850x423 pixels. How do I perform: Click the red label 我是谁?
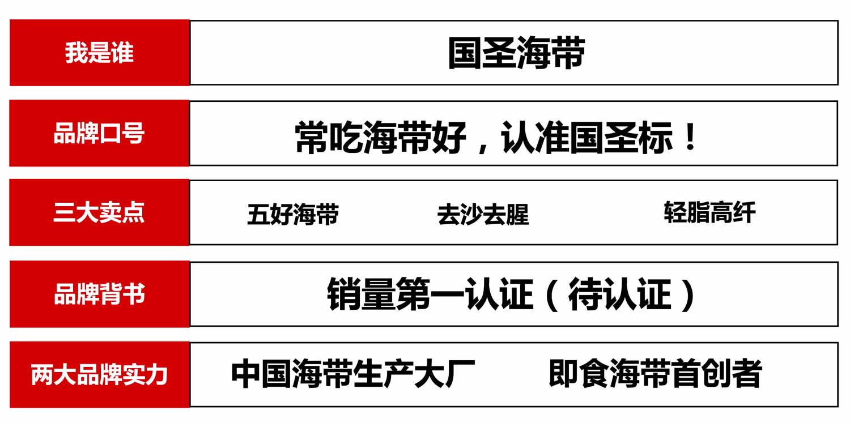coord(99,53)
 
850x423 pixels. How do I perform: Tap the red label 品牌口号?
coord(99,134)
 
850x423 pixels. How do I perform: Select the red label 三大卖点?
coord(99,212)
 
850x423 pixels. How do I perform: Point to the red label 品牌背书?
coord(99,294)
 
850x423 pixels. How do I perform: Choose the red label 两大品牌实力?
coord(99,375)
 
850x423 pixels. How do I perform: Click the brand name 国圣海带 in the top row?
coord(516,54)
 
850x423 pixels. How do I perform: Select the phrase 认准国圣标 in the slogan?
coord(586,138)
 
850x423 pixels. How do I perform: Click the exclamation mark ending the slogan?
coord(690,138)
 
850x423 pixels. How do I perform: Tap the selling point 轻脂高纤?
coord(709,212)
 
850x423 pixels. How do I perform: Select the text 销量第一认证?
coord(430,295)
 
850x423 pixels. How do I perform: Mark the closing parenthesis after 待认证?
coord(688,295)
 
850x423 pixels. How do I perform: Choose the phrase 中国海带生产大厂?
coord(353,374)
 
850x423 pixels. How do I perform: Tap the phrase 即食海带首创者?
coord(655,374)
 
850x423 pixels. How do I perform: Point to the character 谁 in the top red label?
coord(122,53)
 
